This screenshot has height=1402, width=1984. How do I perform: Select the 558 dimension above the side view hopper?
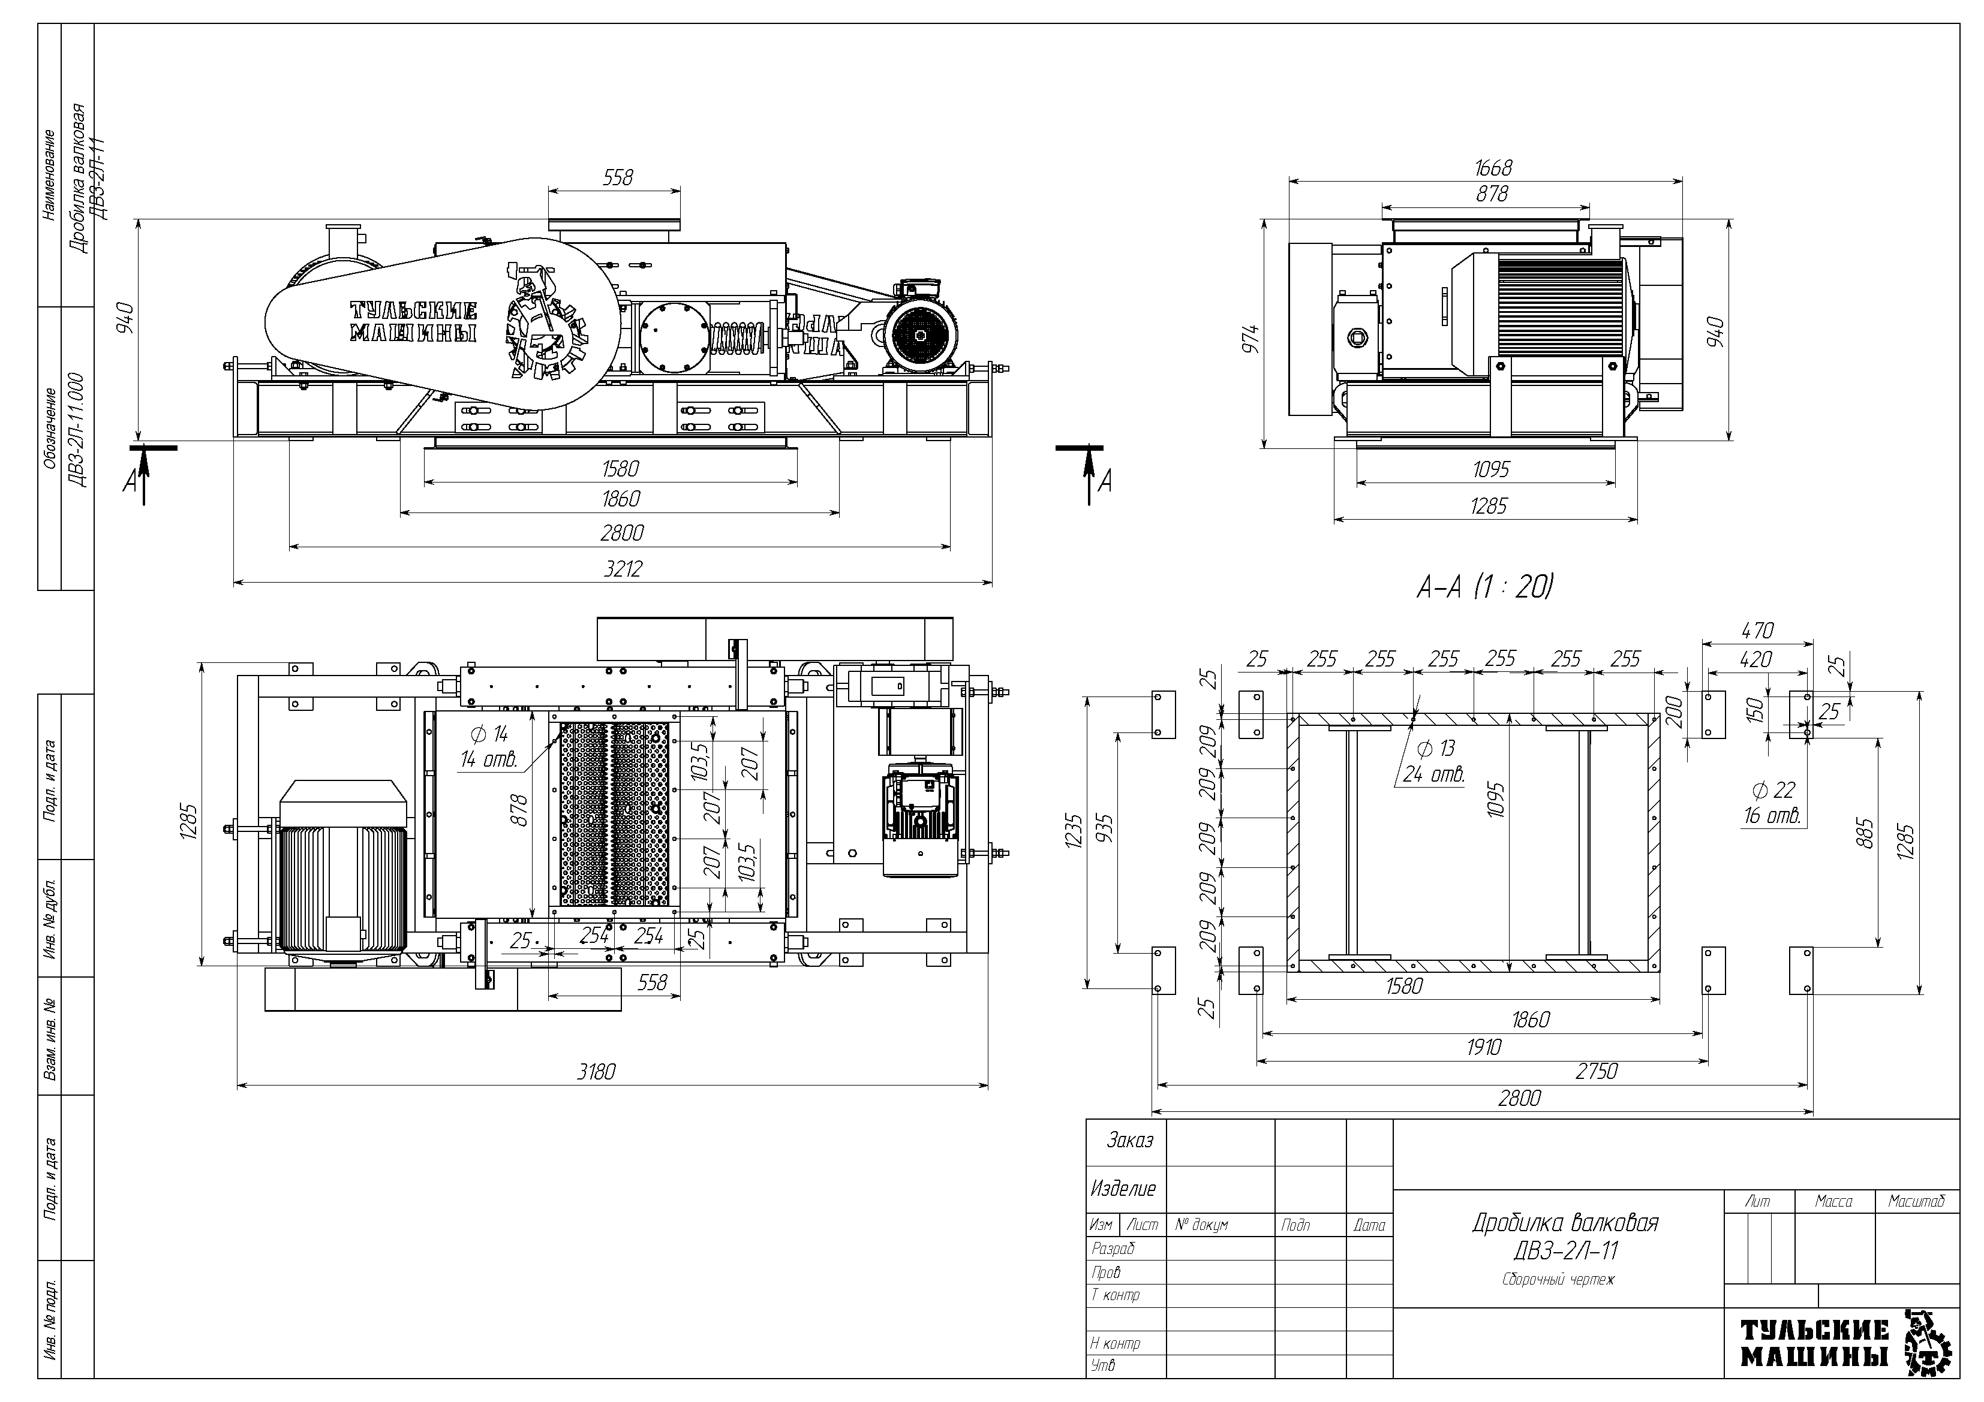click(x=618, y=178)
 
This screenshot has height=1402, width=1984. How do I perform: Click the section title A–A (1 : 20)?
click(x=1484, y=588)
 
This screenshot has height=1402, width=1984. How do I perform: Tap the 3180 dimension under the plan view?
click(x=596, y=1072)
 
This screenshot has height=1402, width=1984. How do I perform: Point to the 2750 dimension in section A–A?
click(x=1596, y=1071)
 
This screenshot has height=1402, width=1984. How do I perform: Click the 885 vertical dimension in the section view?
click(x=1865, y=834)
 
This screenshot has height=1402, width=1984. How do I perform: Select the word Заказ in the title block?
click(x=1129, y=1141)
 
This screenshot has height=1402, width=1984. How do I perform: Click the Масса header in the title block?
click(x=1833, y=1202)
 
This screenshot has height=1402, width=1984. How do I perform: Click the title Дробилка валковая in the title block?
click(x=1565, y=1223)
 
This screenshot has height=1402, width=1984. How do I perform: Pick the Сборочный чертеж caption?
click(x=1558, y=1279)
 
